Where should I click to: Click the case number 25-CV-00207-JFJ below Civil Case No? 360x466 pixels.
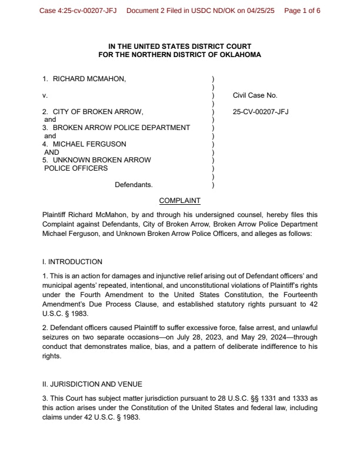click(261, 111)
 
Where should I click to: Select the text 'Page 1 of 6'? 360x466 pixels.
click(302, 11)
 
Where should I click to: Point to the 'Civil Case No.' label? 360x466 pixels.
click(255, 95)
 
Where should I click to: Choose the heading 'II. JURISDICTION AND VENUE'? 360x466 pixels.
click(92, 382)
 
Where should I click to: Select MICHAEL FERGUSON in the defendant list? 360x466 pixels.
click(89, 144)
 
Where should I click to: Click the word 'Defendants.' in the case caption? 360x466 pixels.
click(134, 185)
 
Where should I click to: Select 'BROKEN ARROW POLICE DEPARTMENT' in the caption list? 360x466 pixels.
click(121, 128)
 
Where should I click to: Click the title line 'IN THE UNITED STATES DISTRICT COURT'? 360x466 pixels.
click(180, 46)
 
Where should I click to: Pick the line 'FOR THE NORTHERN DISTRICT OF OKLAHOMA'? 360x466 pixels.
click(180, 54)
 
